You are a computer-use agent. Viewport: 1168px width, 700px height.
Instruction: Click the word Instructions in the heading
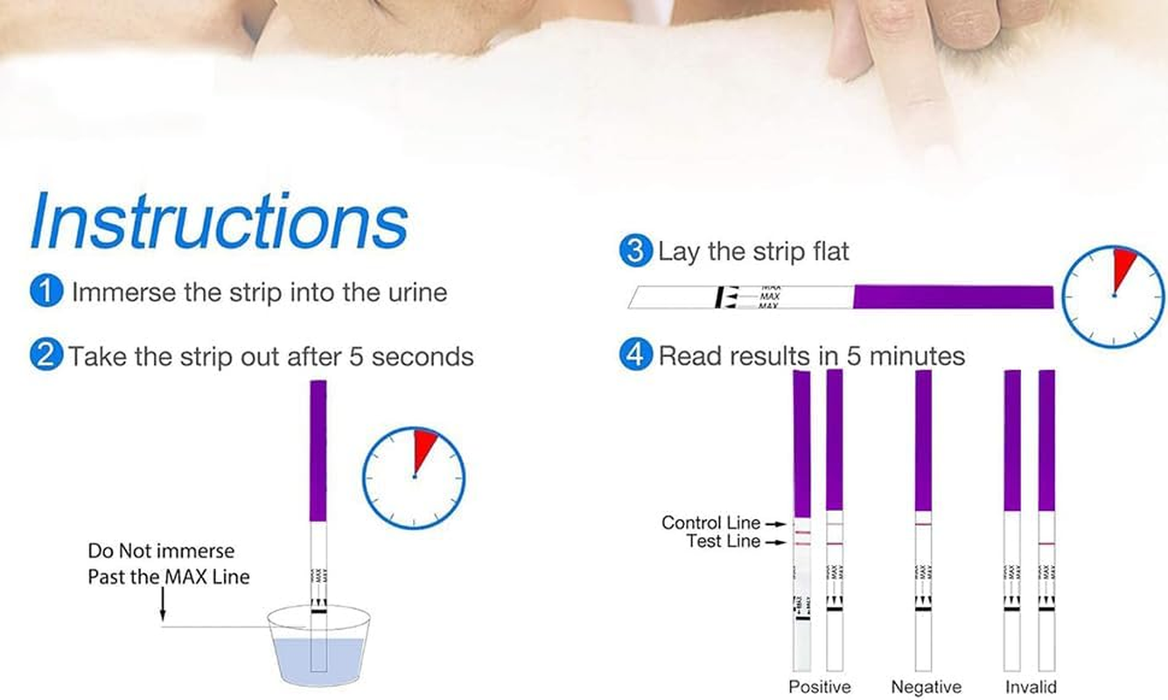point(219,223)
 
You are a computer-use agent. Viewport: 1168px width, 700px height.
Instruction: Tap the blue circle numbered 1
point(46,291)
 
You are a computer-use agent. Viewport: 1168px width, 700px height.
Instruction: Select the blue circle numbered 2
point(46,356)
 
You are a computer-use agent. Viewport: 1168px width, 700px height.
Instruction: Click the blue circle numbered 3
point(636,252)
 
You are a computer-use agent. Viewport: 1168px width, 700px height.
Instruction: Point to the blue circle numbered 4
point(636,356)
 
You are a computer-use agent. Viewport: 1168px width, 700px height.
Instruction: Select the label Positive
point(819,687)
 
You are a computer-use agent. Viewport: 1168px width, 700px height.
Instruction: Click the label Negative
point(926,687)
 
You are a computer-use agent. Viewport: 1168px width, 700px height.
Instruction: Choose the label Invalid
point(1030,687)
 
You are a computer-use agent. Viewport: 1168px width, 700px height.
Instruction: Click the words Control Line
point(710,522)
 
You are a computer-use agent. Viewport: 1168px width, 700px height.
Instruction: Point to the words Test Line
point(723,542)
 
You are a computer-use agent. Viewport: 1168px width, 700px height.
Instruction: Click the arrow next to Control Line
point(775,523)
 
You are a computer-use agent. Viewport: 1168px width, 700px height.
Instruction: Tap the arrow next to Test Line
point(775,542)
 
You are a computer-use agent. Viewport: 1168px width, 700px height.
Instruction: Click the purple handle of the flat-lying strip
point(953,297)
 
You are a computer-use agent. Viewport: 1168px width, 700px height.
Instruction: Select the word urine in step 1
point(416,291)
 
